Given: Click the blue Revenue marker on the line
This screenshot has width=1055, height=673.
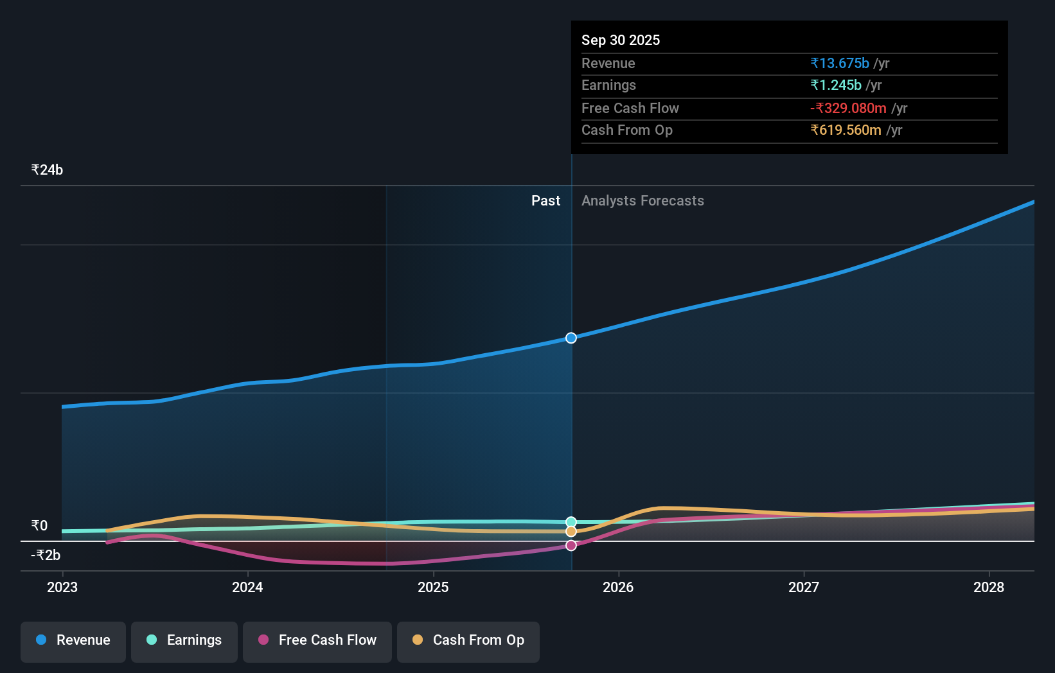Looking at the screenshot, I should point(571,338).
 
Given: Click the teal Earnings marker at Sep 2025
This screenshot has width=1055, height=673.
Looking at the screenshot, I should point(571,522).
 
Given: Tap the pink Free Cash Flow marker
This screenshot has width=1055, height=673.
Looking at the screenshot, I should point(571,545).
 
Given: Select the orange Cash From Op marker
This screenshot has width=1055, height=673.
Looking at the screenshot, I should point(571,532).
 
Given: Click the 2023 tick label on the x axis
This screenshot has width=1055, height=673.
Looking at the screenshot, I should point(62,587).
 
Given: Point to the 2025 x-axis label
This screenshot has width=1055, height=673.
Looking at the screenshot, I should point(433,587).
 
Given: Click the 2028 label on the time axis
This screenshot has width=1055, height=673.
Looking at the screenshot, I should point(988,587).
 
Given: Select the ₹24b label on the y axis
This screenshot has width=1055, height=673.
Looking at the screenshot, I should point(47,170).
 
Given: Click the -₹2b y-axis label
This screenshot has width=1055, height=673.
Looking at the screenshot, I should point(46,555).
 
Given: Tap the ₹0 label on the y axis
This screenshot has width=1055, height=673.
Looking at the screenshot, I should point(39,525).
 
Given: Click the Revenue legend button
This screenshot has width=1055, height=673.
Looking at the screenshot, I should point(73,640).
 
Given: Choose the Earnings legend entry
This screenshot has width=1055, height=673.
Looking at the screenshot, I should point(184,640).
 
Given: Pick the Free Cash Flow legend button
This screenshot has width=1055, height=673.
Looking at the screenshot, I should point(317,640).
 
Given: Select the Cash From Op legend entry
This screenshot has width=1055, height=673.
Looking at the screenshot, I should point(468,640).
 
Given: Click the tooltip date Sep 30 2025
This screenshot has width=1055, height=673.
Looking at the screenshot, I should point(621,40).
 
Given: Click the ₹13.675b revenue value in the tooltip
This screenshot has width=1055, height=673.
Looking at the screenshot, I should point(840,63).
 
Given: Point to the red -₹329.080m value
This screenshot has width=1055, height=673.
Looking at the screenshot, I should point(848,108).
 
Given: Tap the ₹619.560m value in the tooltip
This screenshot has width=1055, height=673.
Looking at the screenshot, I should point(846,130).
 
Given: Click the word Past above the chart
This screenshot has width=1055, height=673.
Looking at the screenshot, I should point(545,200).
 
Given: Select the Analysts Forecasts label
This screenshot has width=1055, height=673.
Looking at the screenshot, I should point(643,200).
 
